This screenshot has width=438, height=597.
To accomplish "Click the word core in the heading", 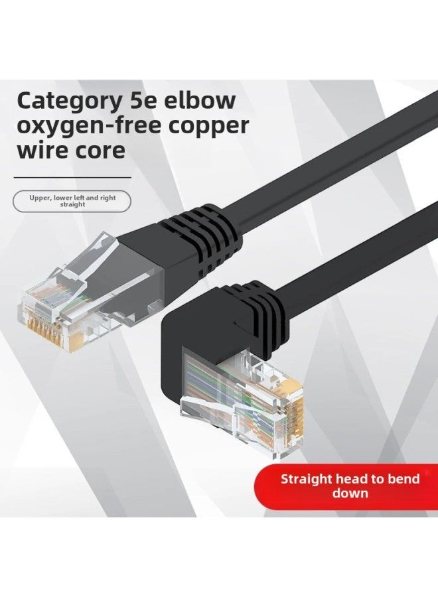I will [99, 150].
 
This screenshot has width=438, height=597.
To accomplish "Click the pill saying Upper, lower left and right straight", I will [72, 201].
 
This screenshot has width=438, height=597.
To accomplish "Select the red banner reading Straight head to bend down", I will [350, 486].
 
